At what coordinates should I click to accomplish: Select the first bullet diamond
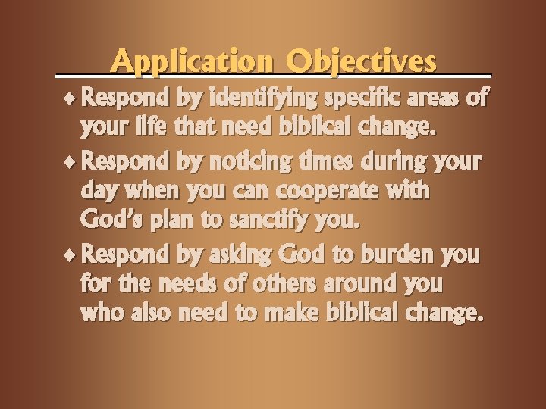(71, 98)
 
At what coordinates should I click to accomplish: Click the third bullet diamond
(71, 253)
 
